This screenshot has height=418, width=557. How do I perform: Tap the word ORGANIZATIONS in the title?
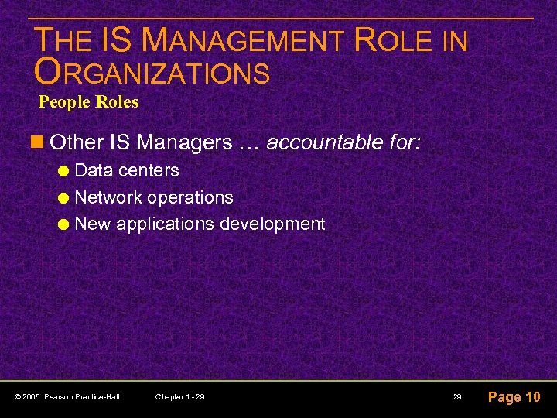coord(152,72)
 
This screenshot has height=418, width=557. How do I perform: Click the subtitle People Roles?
coord(88,102)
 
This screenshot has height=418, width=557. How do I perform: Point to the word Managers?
coord(184,142)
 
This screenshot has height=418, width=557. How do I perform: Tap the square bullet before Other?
coord(39,142)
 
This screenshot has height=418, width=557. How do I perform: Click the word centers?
coord(148,170)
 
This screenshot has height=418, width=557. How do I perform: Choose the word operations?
coord(190,198)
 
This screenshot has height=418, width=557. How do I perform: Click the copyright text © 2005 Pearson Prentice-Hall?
coord(67,397)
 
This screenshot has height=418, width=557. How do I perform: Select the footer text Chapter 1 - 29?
coord(179,397)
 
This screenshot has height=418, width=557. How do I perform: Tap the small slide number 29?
coord(458,397)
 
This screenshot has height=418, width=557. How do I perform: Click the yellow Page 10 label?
coord(514,397)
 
